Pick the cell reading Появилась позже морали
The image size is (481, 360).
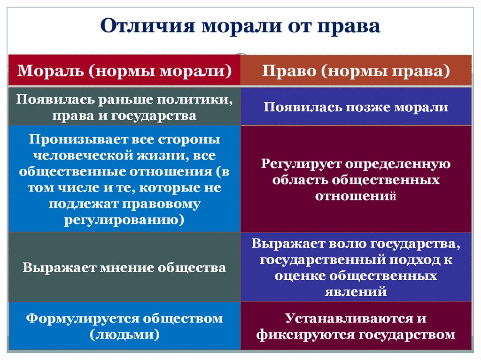pos(356,107)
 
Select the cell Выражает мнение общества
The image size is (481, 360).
pos(124,268)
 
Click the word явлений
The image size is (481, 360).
pos(356,291)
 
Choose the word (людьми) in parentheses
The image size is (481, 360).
pos(124,334)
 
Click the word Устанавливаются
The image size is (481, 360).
pos(341,319)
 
